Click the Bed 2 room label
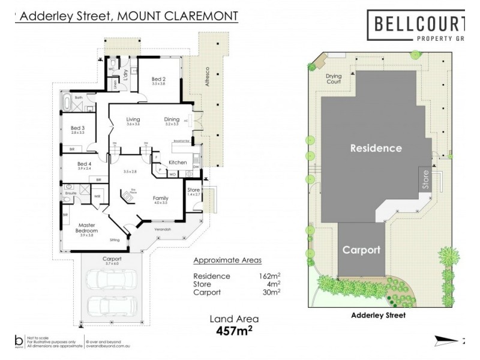coord(158,79)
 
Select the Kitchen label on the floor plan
coord(178,163)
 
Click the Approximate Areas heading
coord(227,262)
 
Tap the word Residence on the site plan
coord(376,148)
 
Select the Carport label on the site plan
coord(361,250)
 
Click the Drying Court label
coord(334,79)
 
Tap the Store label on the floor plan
coord(193,190)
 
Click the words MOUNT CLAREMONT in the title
coord(178,16)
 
